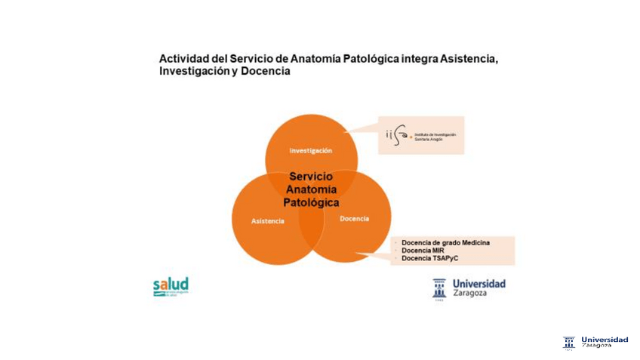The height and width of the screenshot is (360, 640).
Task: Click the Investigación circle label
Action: point(310,150)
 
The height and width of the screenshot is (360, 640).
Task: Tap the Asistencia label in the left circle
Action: point(267,221)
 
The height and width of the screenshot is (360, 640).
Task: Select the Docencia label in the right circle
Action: point(354,218)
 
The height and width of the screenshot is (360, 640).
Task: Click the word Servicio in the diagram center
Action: point(311,177)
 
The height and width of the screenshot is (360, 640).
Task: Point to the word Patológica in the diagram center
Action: point(311,202)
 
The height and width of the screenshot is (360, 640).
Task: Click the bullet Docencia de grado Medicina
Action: point(445,242)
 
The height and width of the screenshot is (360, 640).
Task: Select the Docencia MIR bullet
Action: point(423,251)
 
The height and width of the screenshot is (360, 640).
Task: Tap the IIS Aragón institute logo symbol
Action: point(395,134)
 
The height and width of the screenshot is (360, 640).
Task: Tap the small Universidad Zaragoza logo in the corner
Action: point(596,342)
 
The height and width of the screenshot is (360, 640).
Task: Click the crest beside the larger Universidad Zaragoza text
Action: point(439,288)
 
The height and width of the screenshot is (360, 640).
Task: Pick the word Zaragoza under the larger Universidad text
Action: point(470,294)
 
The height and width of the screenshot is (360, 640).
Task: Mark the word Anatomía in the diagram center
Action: point(311,189)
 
